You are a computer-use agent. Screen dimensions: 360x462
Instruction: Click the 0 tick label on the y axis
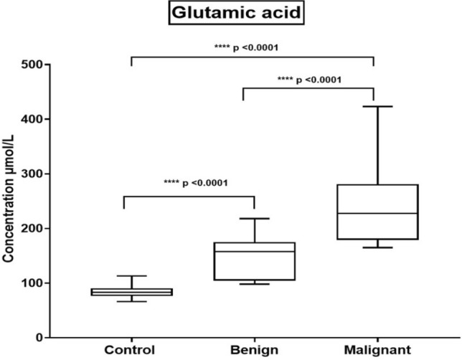point(37,337)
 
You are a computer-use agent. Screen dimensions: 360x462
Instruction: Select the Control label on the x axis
point(131,351)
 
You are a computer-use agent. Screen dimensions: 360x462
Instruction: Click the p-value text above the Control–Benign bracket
point(189,182)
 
